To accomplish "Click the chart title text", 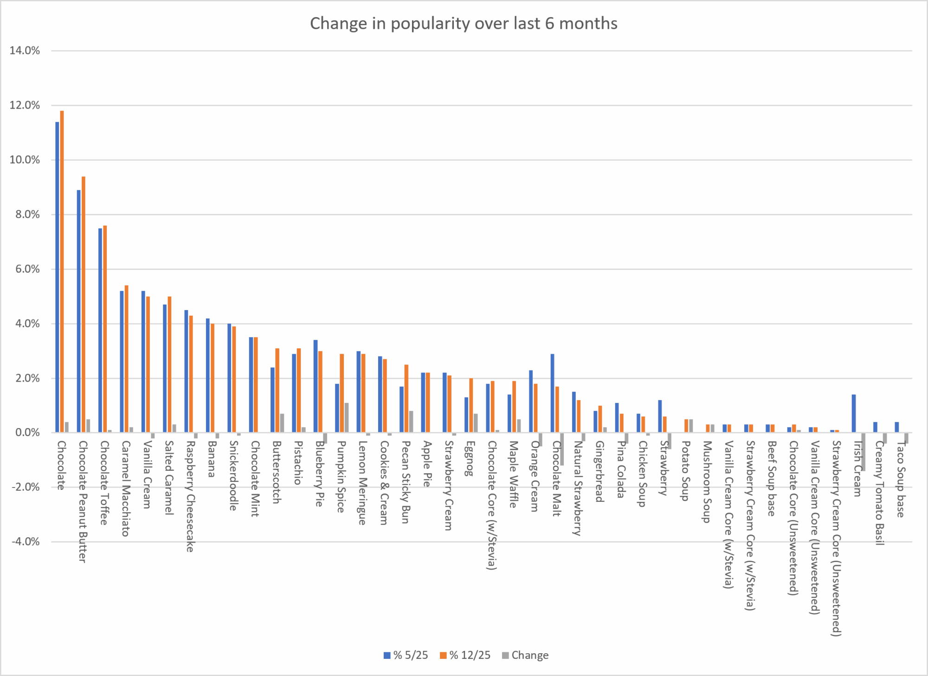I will coord(464,24).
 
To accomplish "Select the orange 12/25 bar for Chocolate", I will coord(62,272).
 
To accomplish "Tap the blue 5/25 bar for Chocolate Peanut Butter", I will coord(79,311).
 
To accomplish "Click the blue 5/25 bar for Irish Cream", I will coord(854,414).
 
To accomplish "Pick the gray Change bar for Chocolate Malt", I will coord(562,449).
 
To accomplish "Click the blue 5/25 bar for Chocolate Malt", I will coord(553,393).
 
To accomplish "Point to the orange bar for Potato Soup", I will coord(686,426).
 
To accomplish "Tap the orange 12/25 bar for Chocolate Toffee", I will coord(105,329).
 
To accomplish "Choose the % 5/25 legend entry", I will coord(406,655).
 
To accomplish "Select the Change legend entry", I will coord(525,655).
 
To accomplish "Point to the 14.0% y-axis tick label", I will coord(25,51).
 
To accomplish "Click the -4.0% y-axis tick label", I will coord(25,542).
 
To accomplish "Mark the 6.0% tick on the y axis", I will coord(25,269).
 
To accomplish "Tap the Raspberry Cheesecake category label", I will coord(190,496).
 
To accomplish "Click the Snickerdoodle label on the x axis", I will coord(233,475).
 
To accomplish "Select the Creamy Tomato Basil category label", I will coord(879,492).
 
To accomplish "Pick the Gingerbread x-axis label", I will coord(599,471).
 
